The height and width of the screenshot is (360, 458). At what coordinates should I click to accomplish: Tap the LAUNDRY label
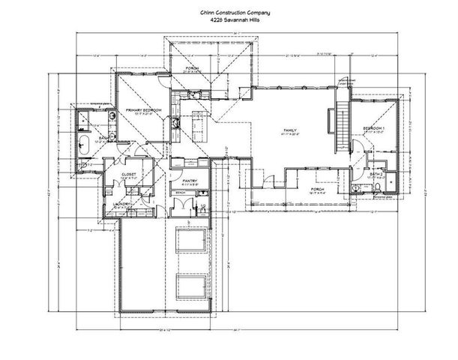point(123,204)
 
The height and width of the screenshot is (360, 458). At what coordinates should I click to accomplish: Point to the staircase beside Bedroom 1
point(341,127)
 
